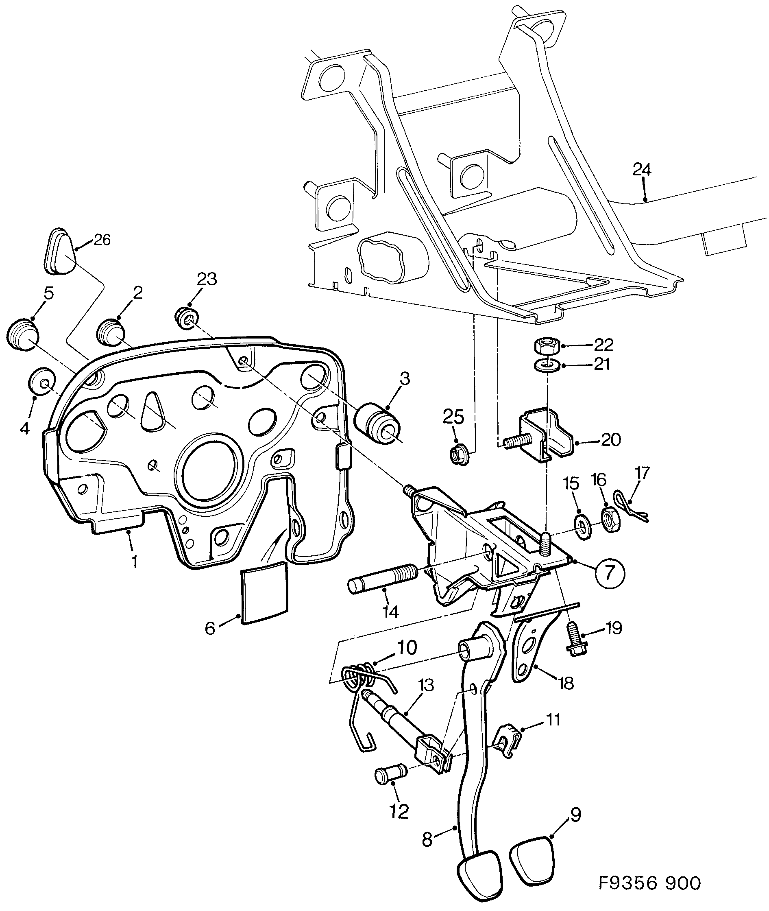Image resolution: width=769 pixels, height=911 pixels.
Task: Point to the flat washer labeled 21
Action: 545,364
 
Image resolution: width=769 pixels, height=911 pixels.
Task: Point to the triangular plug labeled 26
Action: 60,251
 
